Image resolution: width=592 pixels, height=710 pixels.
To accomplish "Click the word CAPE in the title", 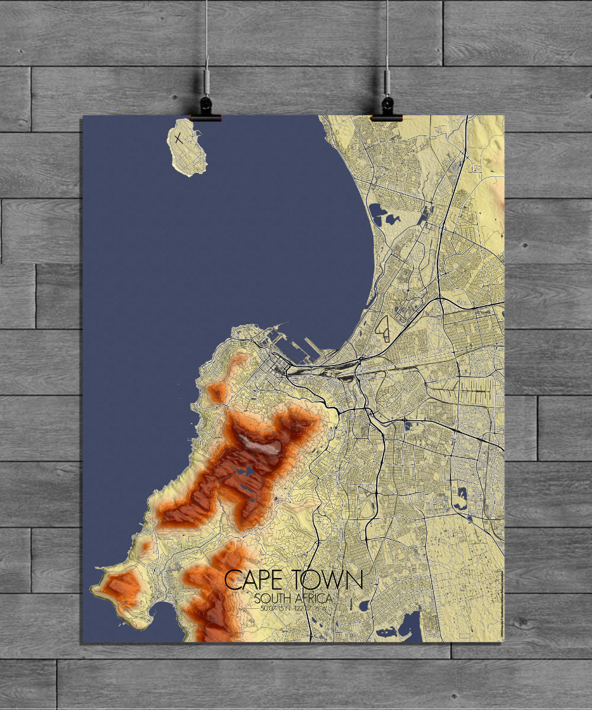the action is [252, 580].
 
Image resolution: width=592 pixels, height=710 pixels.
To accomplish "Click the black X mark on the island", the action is [178, 139].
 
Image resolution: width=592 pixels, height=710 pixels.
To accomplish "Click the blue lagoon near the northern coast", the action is [378, 213].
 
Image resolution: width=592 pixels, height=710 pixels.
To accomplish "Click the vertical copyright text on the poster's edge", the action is [501, 603].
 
